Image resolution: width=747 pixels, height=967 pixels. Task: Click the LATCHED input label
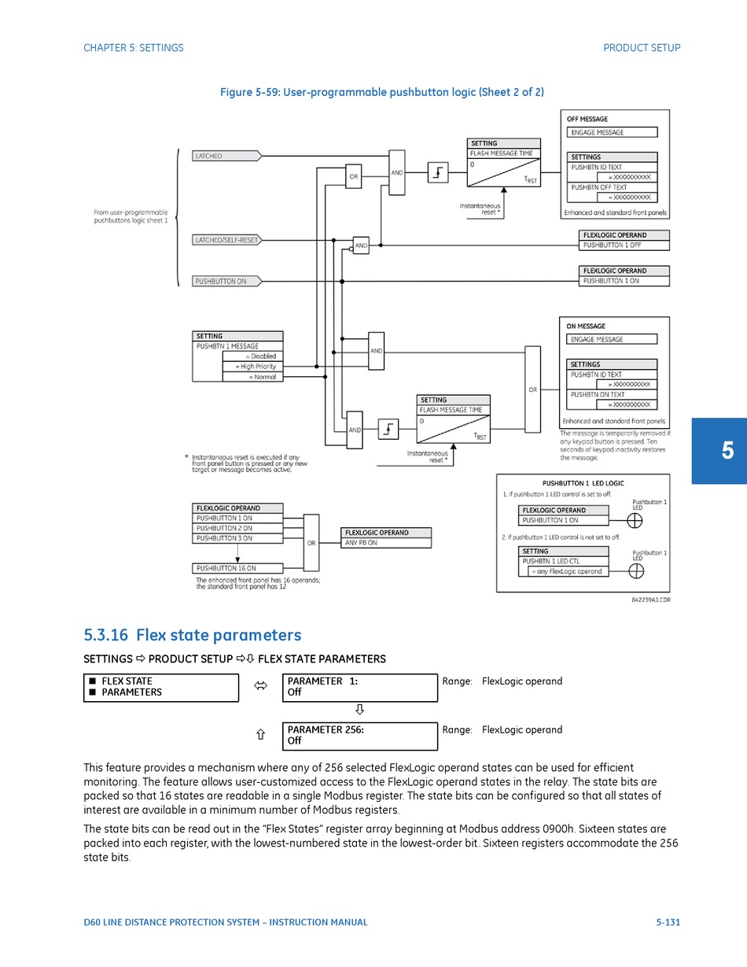tap(226, 156)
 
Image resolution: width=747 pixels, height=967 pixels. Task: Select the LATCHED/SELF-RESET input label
tap(226, 240)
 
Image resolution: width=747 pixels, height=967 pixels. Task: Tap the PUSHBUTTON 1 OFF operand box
tap(624, 245)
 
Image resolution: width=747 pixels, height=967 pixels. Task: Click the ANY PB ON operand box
tap(386, 543)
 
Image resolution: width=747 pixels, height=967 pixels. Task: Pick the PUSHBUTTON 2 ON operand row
tap(237, 529)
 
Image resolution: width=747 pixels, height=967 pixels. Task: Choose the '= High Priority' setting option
tap(252, 367)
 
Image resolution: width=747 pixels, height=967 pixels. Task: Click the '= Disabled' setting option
tap(252, 356)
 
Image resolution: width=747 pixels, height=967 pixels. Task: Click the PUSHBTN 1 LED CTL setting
tap(562, 561)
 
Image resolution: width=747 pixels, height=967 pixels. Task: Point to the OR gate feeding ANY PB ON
tap(311, 543)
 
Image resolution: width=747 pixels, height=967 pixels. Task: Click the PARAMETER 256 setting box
tap(359, 736)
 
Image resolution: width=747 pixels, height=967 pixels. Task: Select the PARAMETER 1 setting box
tap(359, 687)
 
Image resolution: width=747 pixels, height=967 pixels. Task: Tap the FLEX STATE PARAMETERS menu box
tap(160, 687)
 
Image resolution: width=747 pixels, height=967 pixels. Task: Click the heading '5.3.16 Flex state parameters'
tap(193, 635)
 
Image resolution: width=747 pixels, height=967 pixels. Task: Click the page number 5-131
tap(668, 922)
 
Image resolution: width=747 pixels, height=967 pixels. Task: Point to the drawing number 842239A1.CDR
tap(650, 600)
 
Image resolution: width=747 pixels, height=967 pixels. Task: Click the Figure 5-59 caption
tap(381, 92)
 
